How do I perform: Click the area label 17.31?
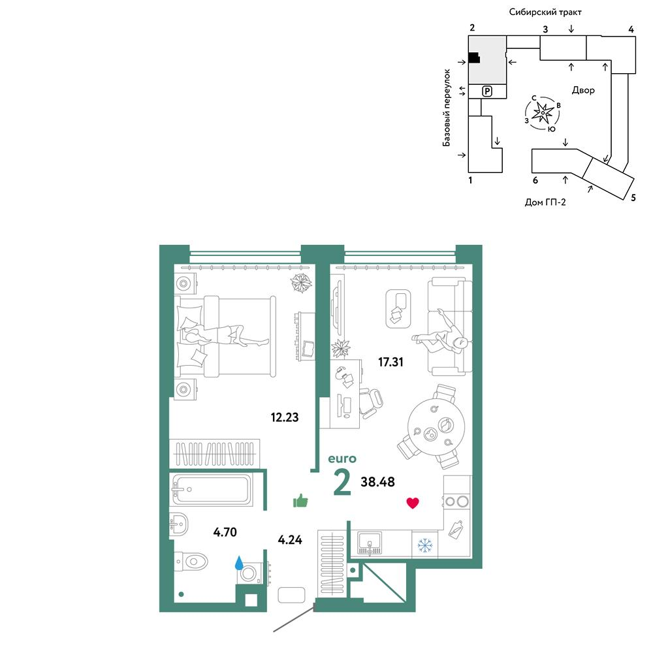pyautogui.click(x=390, y=362)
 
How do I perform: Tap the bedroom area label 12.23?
pyautogui.click(x=285, y=417)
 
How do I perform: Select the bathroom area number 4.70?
pyautogui.click(x=225, y=532)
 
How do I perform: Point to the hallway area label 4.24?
pyautogui.click(x=290, y=540)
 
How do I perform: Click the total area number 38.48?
pyautogui.click(x=377, y=482)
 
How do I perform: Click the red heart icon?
pyautogui.click(x=413, y=503)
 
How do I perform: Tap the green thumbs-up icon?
pyautogui.click(x=300, y=501)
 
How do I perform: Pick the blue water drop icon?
pyautogui.click(x=239, y=563)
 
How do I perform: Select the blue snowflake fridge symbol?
pyautogui.click(x=425, y=545)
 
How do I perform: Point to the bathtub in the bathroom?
pyautogui.click(x=212, y=490)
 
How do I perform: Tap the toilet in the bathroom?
pyautogui.click(x=191, y=562)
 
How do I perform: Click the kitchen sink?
pyautogui.click(x=370, y=545)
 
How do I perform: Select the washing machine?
pyautogui.click(x=251, y=573)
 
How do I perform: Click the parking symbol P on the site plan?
pyautogui.click(x=487, y=91)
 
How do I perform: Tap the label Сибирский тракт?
pyautogui.click(x=545, y=12)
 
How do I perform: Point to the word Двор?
pyautogui.click(x=583, y=90)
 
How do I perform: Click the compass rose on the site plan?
pyautogui.click(x=543, y=113)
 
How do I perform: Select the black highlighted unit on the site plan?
pyautogui.click(x=474, y=58)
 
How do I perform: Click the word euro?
pyautogui.click(x=342, y=458)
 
